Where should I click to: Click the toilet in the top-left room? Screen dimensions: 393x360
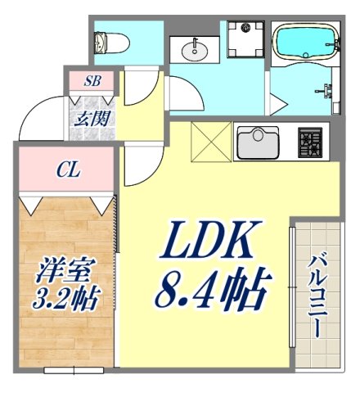(x=105, y=41)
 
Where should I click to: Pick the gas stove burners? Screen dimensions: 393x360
(x=309, y=142)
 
